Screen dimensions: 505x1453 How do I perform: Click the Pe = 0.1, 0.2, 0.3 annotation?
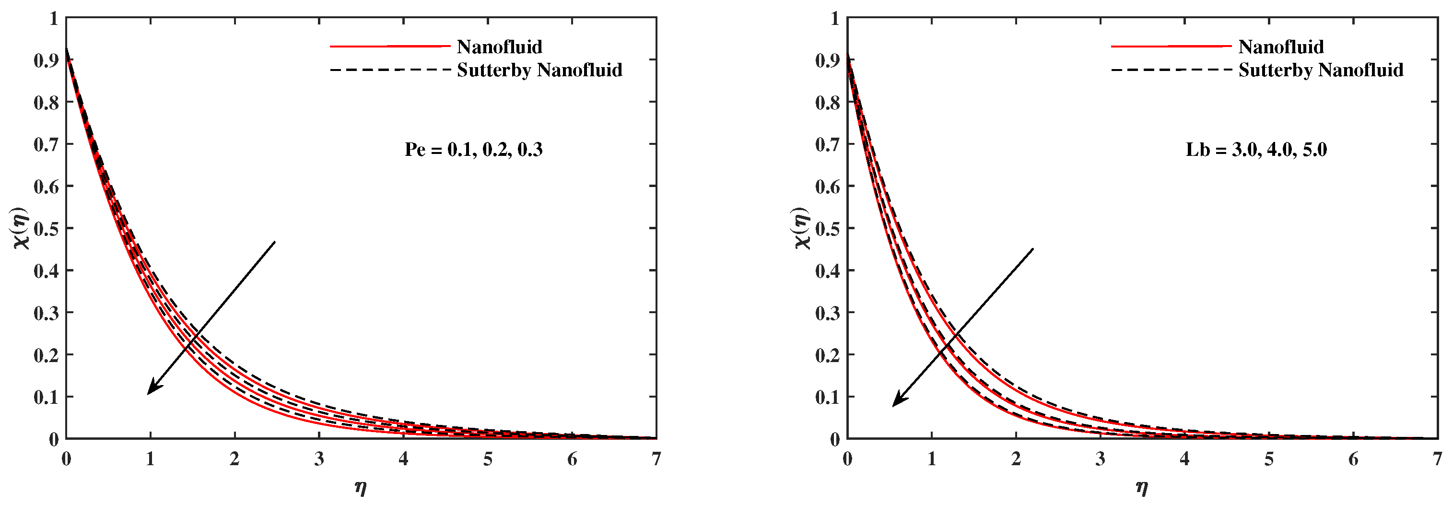tap(473, 150)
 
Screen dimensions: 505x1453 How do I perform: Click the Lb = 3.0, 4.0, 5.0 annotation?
tap(1256, 150)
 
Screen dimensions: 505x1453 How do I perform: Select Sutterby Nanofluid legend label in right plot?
tap(1321, 70)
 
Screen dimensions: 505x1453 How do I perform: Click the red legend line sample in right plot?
tap(1171, 46)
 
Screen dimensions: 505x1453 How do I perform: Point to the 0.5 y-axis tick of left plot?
tap(46, 228)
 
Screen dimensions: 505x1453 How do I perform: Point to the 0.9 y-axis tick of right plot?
tap(828, 60)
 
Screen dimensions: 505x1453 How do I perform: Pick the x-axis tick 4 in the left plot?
tap(403, 459)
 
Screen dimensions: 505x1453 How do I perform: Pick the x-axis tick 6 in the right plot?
tap(1353, 459)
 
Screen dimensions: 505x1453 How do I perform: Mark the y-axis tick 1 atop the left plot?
tap(54, 18)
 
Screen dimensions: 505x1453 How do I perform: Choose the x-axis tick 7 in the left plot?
tap(656, 459)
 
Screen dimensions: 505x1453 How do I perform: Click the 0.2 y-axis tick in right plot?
tap(828, 355)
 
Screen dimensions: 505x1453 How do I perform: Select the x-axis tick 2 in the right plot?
tap(1015, 459)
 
